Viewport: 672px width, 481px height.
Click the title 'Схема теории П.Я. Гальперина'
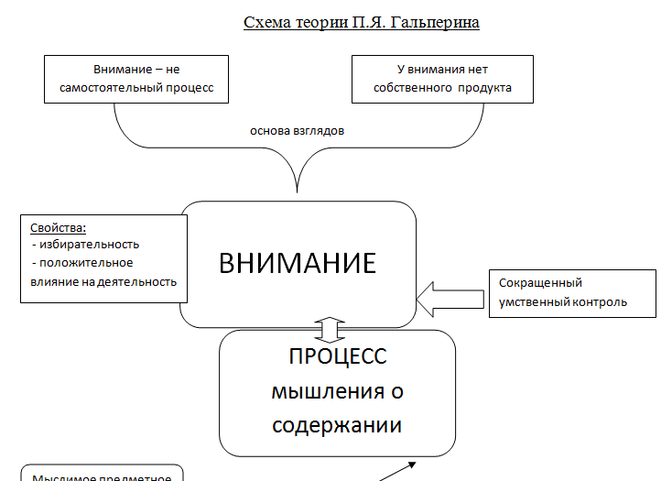(361, 22)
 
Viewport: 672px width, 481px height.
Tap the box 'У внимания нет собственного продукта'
(442, 79)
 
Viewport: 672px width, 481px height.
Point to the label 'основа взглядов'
(297, 130)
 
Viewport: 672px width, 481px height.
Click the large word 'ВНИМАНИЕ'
(298, 263)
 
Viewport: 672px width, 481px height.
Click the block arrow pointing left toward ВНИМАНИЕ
(449, 297)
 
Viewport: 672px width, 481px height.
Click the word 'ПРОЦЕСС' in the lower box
(337, 355)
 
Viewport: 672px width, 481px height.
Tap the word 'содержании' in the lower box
(338, 426)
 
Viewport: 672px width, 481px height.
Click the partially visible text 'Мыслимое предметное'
(103, 476)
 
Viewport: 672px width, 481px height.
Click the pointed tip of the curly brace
(298, 191)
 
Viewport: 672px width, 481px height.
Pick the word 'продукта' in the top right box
(486, 88)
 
